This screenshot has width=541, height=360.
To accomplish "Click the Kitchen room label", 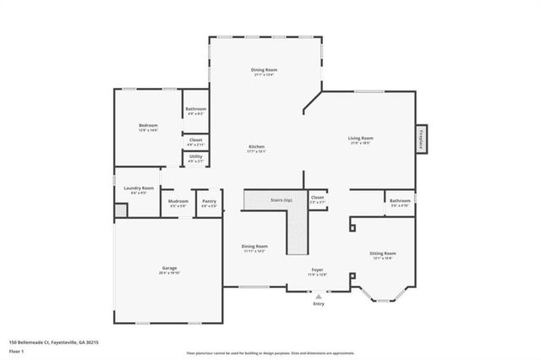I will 256,148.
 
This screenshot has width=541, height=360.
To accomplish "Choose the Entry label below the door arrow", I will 318,304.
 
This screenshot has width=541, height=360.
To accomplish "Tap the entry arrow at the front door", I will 318,296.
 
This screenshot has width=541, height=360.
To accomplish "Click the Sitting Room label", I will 382,254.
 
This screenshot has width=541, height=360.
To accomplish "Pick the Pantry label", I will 209,203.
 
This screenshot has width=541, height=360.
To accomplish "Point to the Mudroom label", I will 178,203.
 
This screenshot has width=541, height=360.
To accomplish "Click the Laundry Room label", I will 139,189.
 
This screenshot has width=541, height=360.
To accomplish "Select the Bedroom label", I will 148,127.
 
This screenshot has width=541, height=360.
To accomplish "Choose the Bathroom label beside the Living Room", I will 400,202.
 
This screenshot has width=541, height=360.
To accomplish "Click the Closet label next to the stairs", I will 317,199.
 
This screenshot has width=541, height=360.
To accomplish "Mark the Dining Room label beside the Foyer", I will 255,248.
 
